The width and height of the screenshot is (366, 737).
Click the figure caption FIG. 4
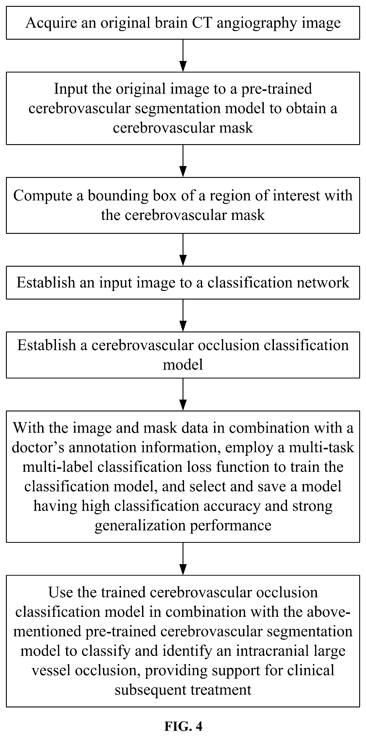pos(183,724)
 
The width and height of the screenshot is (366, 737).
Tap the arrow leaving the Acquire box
pos(183,56)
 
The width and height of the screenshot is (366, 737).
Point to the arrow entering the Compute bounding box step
pos(183,161)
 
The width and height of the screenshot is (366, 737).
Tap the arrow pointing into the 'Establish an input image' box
pos(183,250)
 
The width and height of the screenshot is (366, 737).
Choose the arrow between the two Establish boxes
pos(183,315)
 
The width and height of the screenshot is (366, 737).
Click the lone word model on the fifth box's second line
pos(183,364)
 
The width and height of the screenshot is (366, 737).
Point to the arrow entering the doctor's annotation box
pos(183,395)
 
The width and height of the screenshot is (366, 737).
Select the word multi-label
pos(58,467)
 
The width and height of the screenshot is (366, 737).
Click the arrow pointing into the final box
pos(183,559)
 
